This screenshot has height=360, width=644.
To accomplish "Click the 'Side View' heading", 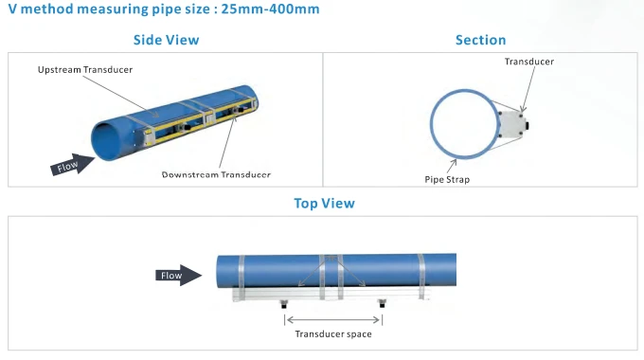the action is [166, 40].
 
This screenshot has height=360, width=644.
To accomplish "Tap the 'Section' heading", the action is [480, 40].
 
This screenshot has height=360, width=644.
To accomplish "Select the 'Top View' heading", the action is [324, 203].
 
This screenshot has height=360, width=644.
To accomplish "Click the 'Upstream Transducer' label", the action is [85, 69].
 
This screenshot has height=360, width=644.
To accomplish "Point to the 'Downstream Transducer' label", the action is [216, 174].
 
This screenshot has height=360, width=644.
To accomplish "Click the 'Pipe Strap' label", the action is [447, 180].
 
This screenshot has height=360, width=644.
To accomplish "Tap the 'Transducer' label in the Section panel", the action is [529, 62].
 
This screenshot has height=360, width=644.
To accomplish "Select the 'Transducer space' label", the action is [333, 334].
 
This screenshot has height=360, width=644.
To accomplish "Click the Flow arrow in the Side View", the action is [72, 165].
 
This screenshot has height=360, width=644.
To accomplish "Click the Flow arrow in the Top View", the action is [178, 276].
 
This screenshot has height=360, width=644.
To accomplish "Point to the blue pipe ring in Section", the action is [431, 123].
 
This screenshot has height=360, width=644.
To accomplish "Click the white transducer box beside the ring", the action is [512, 124].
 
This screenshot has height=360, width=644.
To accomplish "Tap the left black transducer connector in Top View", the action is [284, 304].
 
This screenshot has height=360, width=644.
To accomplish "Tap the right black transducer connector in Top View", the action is [382, 304].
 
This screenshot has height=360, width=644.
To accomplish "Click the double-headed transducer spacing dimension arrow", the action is [333, 319].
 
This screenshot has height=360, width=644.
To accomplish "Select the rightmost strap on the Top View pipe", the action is [421, 277].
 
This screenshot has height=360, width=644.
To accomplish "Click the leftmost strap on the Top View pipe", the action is [241, 278].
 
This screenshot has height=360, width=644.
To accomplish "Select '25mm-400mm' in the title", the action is [270, 9].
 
